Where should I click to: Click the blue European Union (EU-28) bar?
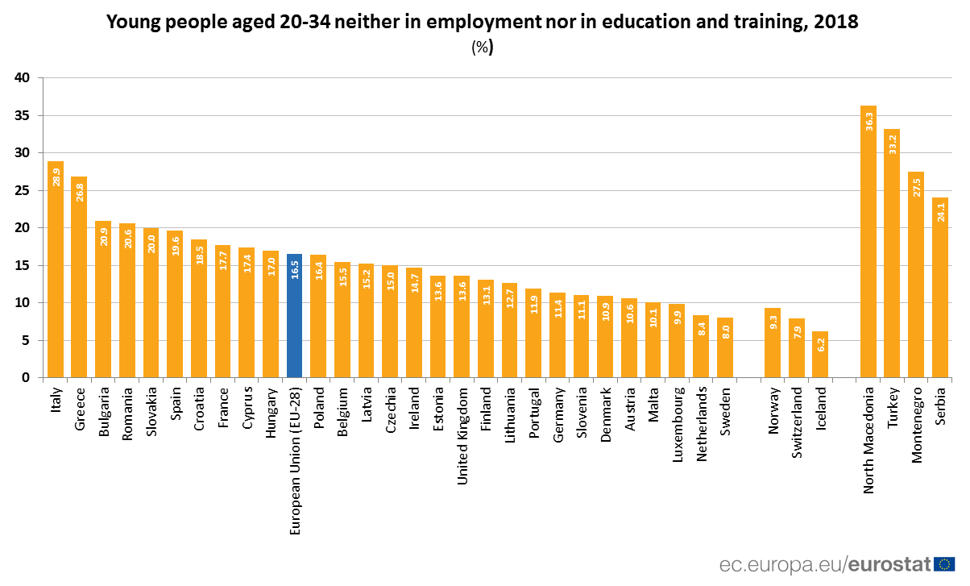click(x=294, y=316)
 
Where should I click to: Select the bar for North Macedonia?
click(x=868, y=242)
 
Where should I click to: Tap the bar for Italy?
click(x=56, y=269)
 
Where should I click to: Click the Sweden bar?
click(x=725, y=347)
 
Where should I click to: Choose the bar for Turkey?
click(x=892, y=253)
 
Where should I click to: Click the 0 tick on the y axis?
click(x=26, y=378)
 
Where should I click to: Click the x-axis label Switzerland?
click(x=797, y=424)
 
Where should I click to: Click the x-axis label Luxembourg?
click(x=678, y=426)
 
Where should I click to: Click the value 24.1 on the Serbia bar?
click(x=940, y=211)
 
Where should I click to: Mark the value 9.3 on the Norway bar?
click(x=773, y=324)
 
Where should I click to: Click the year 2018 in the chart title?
click(x=836, y=23)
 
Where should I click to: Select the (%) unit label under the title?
click(x=482, y=48)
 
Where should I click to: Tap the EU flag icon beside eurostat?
click(x=945, y=563)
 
